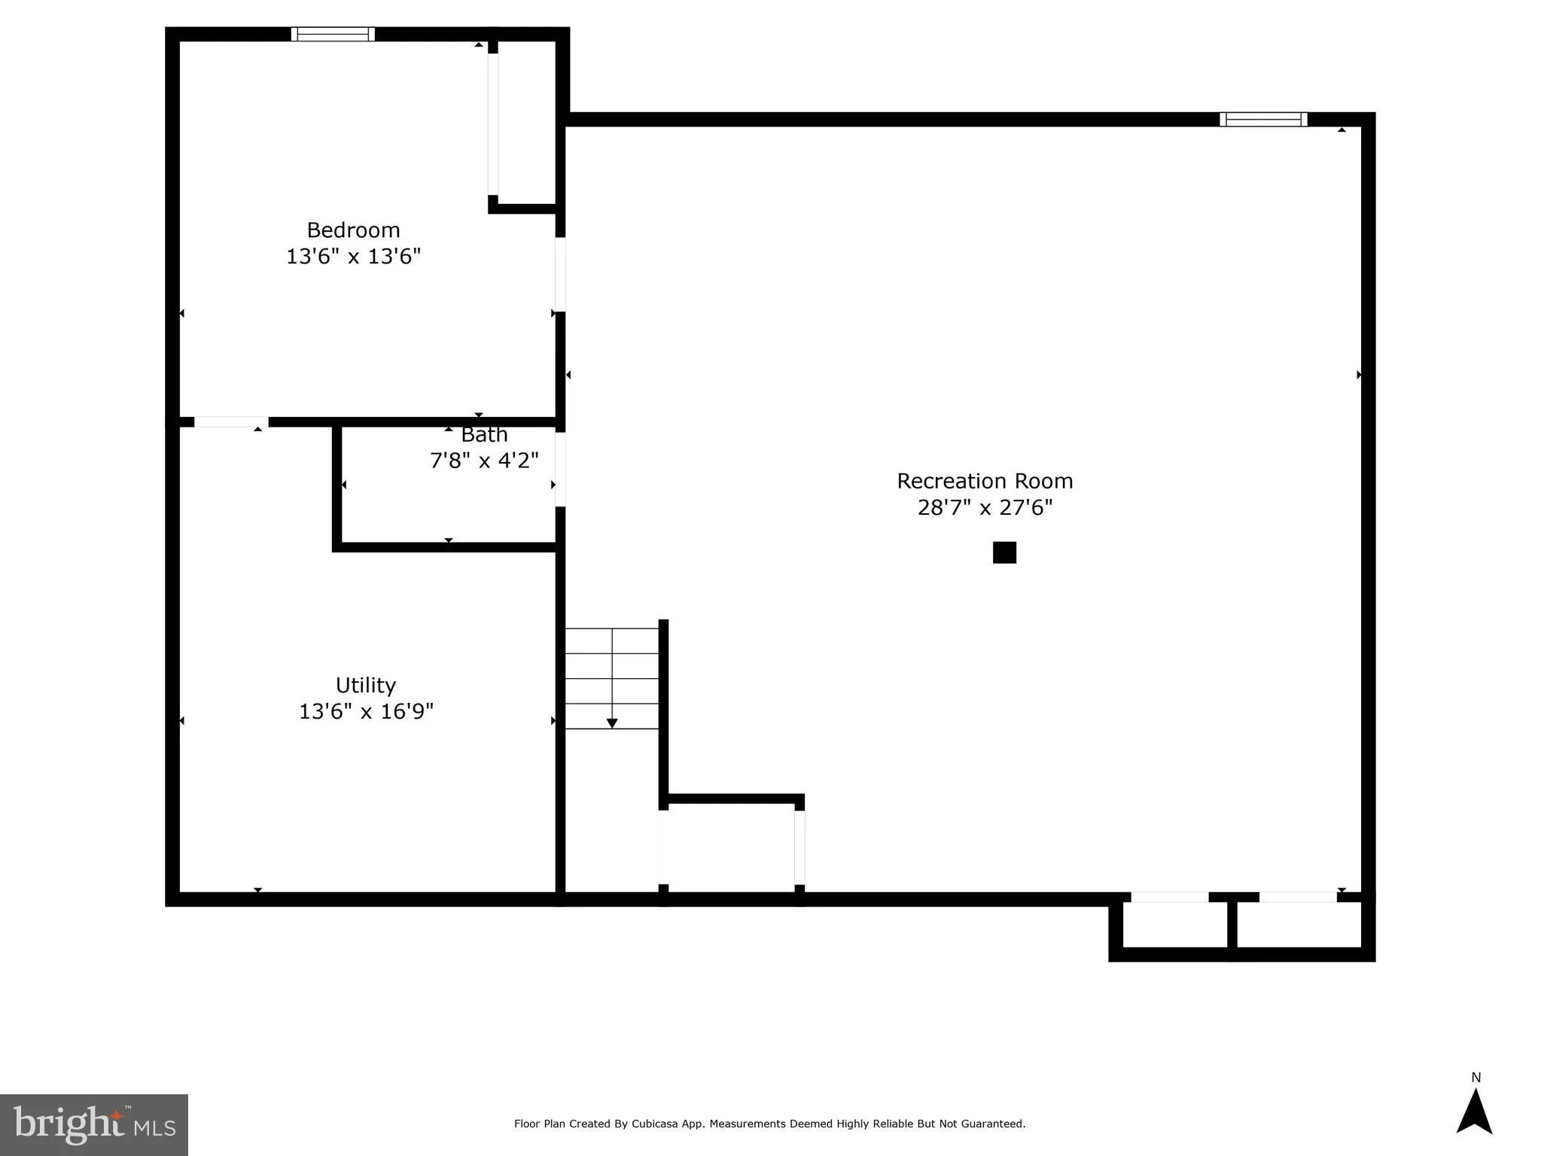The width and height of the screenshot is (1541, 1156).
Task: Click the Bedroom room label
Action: click(x=353, y=230)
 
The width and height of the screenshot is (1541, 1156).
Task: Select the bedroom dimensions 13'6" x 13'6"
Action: click(x=353, y=257)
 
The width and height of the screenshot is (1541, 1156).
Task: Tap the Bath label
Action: click(x=484, y=435)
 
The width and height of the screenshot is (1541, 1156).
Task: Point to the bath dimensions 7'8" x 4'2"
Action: click(x=484, y=461)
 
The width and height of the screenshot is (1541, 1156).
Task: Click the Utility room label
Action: click(x=366, y=685)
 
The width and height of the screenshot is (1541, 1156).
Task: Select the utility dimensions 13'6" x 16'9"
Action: click(x=366, y=711)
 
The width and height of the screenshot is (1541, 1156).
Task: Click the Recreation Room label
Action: click(x=985, y=481)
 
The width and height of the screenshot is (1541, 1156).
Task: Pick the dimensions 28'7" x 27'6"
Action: click(x=985, y=508)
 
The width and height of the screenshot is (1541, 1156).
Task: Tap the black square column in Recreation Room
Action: click(x=1004, y=552)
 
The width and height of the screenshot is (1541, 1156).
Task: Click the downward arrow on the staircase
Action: click(x=612, y=723)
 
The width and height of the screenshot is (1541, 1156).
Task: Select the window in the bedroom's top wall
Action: click(x=333, y=34)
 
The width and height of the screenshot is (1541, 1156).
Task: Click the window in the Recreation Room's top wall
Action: click(x=1263, y=119)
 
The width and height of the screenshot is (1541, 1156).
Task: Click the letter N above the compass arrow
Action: click(x=1476, y=1078)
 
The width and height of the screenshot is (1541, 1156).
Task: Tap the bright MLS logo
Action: click(x=94, y=1124)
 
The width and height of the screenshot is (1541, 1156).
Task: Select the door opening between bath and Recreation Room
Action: click(x=560, y=468)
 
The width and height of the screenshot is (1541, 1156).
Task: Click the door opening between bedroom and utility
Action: click(x=231, y=422)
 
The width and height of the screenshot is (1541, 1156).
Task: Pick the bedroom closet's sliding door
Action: click(x=493, y=124)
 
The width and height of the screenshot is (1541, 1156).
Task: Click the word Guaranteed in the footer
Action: click(x=992, y=1124)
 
